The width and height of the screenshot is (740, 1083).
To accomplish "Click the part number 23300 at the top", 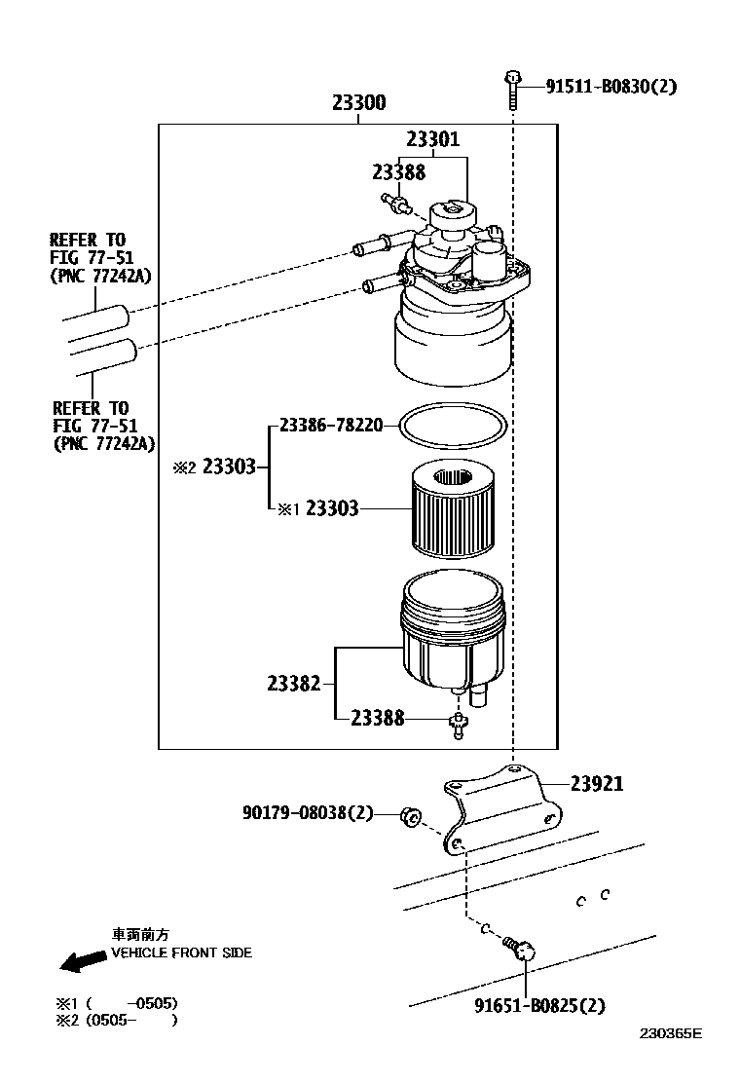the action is tap(359, 102).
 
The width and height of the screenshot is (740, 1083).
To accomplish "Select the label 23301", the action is tap(433, 139).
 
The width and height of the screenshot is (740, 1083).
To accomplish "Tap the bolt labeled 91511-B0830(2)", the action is tap(512, 89).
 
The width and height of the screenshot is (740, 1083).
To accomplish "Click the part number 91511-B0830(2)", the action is tap(610, 87).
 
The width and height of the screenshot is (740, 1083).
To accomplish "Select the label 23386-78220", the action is tap(331, 425).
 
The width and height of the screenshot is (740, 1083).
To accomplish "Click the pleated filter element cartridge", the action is tap(453, 509).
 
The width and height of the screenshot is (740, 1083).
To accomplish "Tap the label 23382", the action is tap(294, 683).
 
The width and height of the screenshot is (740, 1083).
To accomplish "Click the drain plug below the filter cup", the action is tap(458, 726).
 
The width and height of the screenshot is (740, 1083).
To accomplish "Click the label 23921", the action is tap(597, 783).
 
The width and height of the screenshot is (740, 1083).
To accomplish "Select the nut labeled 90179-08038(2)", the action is tap(411, 817).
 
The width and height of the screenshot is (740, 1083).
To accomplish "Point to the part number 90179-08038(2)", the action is tap(308, 812).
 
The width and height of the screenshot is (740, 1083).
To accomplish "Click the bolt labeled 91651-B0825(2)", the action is tap(519, 949).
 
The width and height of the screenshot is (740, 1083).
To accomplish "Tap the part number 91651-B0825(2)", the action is tap(539, 1005).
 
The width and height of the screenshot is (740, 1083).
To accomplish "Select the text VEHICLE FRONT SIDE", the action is tap(181, 952).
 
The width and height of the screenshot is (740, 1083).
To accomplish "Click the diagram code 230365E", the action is tap(670, 1033).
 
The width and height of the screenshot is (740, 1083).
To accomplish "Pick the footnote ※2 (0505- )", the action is tap(117, 1020).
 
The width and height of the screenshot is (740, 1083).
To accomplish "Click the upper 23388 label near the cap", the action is tap(399, 172).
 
